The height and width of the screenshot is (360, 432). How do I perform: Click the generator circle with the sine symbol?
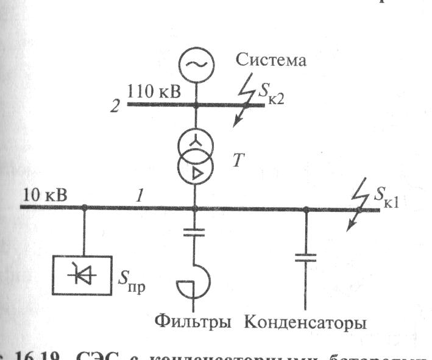[196, 64]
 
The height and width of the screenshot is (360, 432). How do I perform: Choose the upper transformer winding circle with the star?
[196, 145]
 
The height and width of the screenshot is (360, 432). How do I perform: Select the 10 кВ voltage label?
[45, 196]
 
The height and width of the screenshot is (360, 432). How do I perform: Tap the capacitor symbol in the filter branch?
[195, 232]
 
